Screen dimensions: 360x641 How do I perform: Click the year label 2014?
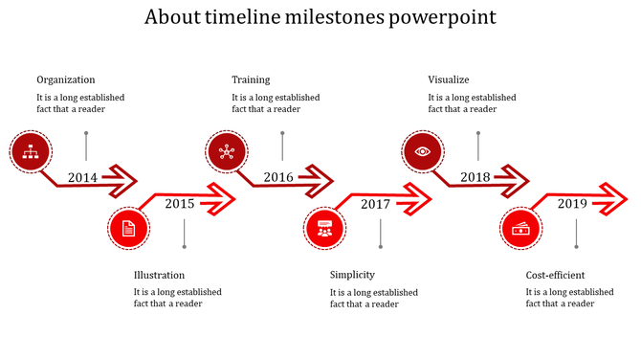tap(82, 177)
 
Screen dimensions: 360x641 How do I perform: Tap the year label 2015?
tap(179, 203)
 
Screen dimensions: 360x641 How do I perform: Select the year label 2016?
tap(278, 177)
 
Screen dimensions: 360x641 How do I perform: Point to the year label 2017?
tap(375, 204)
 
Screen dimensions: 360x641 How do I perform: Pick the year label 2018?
tap(475, 177)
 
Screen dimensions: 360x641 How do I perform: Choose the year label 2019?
tap(572, 203)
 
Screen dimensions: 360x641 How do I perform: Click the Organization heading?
tap(66, 79)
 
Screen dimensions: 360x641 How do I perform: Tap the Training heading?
tap(251, 79)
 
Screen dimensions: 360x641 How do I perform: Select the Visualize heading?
tap(449, 79)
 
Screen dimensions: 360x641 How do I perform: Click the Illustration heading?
tap(159, 275)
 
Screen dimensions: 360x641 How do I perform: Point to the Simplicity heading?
tap(352, 275)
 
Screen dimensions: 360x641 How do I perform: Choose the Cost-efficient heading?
tap(555, 275)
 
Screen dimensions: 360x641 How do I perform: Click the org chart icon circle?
tap(29, 150)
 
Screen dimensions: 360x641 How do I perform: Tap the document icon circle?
tap(127, 229)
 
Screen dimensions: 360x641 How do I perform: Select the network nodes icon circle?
tap(226, 150)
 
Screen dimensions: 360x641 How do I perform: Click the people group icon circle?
tap(323, 229)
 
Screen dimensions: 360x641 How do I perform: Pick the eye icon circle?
tap(422, 150)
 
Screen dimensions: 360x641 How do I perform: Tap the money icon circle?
tap(520, 229)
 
